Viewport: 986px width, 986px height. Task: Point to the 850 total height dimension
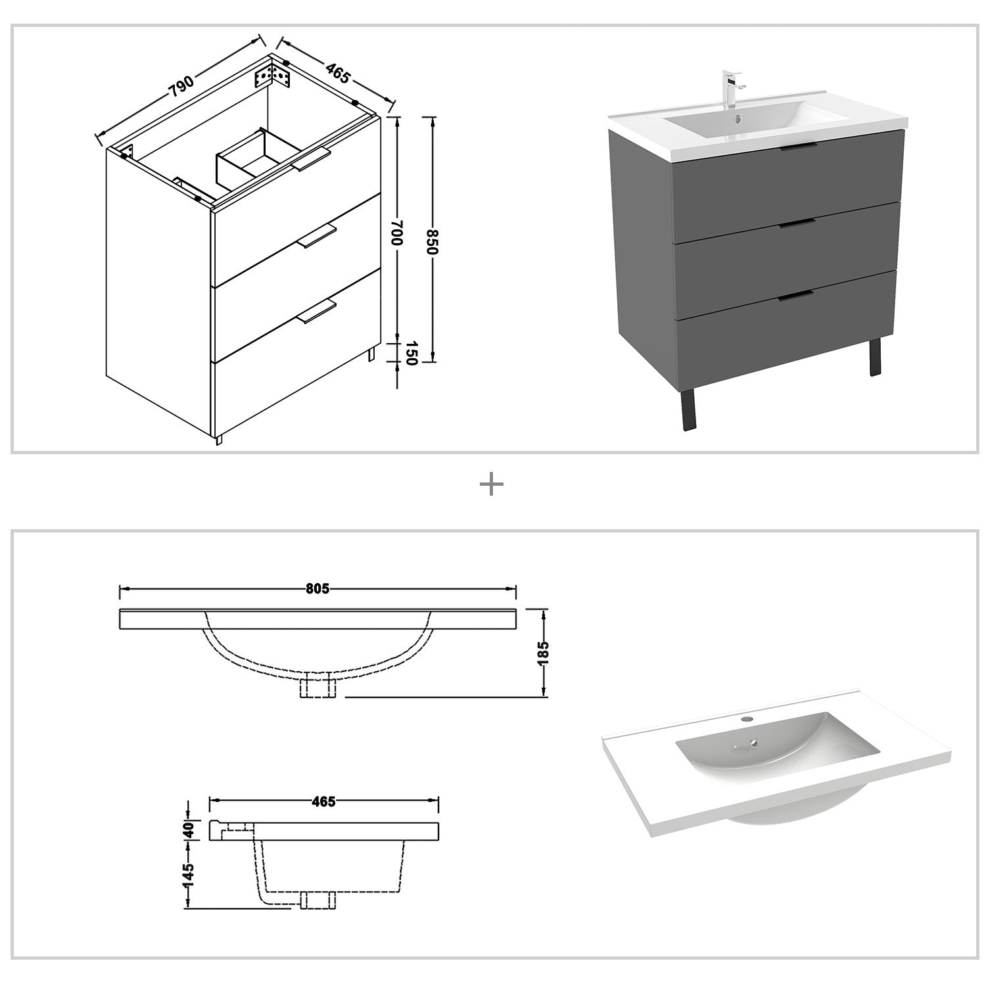tap(431, 241)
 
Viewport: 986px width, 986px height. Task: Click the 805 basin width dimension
tap(317, 589)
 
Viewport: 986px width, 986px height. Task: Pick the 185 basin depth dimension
tap(543, 653)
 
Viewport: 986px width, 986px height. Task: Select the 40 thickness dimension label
tap(189, 830)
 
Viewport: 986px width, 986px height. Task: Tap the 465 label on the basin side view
tap(323, 801)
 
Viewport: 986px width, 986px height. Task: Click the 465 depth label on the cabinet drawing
tap(337, 74)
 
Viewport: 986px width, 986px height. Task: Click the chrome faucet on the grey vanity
tap(731, 88)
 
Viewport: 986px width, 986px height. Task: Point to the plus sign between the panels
tap(492, 486)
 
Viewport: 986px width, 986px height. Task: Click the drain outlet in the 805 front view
tap(317, 687)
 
